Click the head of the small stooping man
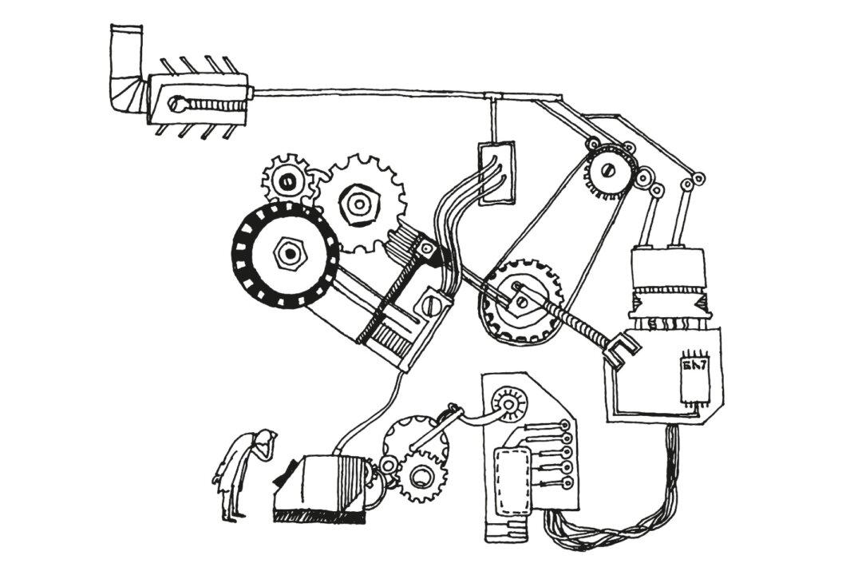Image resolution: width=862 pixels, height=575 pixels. click(264, 438)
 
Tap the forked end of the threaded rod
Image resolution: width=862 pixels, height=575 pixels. click(622, 350)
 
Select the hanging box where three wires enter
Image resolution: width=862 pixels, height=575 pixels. click(496, 172)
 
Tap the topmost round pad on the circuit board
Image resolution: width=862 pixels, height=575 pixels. click(566, 424)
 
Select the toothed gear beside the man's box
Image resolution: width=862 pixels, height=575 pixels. click(421, 475)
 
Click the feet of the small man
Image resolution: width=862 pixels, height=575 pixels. click(231, 517)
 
